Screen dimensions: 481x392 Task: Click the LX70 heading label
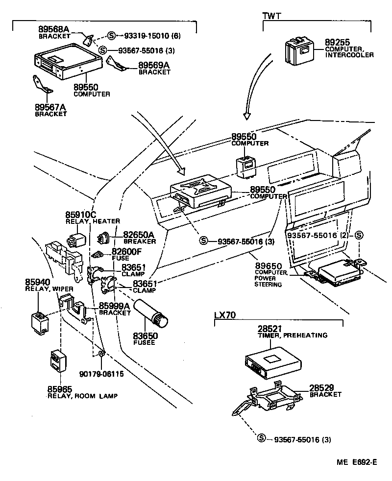click(225, 315)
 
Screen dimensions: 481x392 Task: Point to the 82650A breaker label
click(139, 235)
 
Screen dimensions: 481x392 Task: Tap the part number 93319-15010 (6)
click(146, 36)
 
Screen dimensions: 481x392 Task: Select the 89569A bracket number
click(154, 65)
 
